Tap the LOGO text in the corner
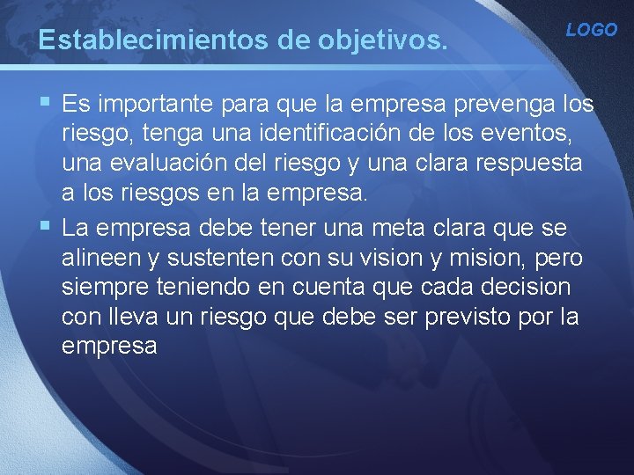[591, 30]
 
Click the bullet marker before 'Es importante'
[45, 105]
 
